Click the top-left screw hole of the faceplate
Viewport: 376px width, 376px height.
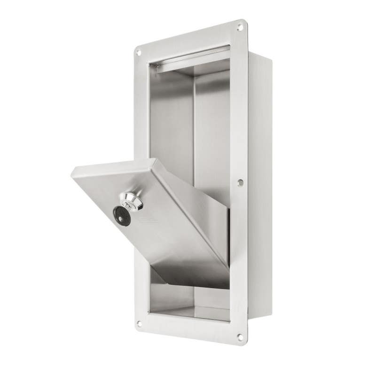[138, 52]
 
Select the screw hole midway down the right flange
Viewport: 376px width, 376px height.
[240, 182]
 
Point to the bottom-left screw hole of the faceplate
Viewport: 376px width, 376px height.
[139, 323]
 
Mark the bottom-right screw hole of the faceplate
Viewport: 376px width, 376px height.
[240, 337]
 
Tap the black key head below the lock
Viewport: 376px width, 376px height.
[122, 216]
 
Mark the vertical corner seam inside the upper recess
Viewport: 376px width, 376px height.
[193, 117]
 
